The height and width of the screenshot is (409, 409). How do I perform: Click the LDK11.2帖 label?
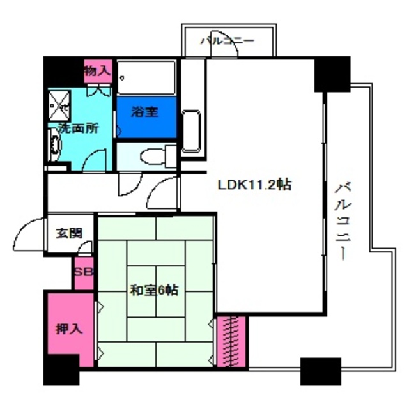pyautogui.click(x=255, y=185)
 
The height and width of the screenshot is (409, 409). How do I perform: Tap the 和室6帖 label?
pyautogui.click(x=154, y=290)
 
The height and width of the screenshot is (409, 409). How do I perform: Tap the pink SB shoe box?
pyautogui.click(x=83, y=272)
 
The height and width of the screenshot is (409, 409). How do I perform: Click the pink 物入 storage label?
pyautogui.click(x=98, y=71)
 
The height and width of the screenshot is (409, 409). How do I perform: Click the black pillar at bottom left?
pyautogui.click(x=61, y=370)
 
